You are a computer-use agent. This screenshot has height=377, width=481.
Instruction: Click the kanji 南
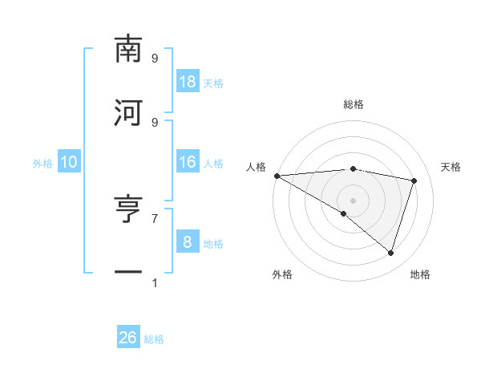pyautogui.click(x=128, y=50)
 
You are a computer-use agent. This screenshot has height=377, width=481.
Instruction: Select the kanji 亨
pyautogui.click(x=128, y=209)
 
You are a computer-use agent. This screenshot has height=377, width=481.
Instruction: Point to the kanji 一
pyautogui.click(x=128, y=273)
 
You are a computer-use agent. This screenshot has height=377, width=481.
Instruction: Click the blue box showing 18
pyautogui.click(x=188, y=82)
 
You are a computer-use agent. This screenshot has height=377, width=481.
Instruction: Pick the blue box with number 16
pyautogui.click(x=188, y=162)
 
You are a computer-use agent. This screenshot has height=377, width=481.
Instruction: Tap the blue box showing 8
pyautogui.click(x=188, y=242)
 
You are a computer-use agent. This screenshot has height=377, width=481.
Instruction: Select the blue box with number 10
pyautogui.click(x=69, y=162)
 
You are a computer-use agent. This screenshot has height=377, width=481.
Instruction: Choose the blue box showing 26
pyautogui.click(x=128, y=338)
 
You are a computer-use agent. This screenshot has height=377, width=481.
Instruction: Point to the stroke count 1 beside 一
pyautogui.click(x=155, y=282)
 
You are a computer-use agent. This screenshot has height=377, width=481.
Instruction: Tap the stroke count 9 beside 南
pyautogui.click(x=155, y=59)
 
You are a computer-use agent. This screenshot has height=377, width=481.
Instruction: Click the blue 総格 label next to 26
pyautogui.click(x=154, y=339)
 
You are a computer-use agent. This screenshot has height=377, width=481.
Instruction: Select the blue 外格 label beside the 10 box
pyautogui.click(x=42, y=164)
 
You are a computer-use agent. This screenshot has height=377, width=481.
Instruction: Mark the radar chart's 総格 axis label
pyautogui.click(x=354, y=104)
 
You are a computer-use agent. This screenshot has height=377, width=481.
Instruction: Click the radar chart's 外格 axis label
pyautogui.click(x=282, y=274)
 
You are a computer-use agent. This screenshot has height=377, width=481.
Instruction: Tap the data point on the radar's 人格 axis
pyautogui.click(x=277, y=175)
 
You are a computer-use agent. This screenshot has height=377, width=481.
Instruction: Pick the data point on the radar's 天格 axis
pyautogui.click(x=414, y=180)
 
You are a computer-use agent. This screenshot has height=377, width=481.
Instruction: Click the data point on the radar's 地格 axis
pyautogui.click(x=390, y=253)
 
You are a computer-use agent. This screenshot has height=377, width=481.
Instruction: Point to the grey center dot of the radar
pyautogui.click(x=353, y=200)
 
